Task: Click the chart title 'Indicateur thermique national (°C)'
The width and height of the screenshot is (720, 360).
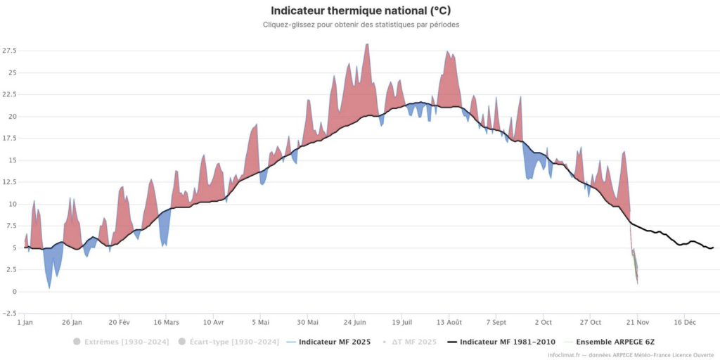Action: pyautogui.click(x=360, y=11)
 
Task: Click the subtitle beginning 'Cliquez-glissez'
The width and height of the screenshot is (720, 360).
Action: pyautogui.click(x=360, y=25)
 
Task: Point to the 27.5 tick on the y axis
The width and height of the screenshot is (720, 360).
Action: pyautogui.click(x=9, y=51)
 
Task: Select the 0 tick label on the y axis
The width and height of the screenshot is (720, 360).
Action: pyautogui.click(x=14, y=292)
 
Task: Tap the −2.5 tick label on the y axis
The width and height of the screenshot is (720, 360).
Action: pyautogui.click(x=9, y=314)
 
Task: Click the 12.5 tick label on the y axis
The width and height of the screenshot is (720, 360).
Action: pyautogui.click(x=9, y=182)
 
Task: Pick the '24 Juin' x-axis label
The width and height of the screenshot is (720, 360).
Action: pyautogui.click(x=354, y=323)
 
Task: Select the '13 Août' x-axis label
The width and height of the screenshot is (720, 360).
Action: pyautogui.click(x=449, y=323)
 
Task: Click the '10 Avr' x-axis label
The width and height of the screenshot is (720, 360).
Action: pyautogui.click(x=213, y=323)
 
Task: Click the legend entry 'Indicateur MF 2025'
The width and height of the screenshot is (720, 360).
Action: pyautogui.click(x=329, y=342)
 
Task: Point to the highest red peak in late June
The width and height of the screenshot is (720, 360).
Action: pyautogui.click(x=366, y=45)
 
